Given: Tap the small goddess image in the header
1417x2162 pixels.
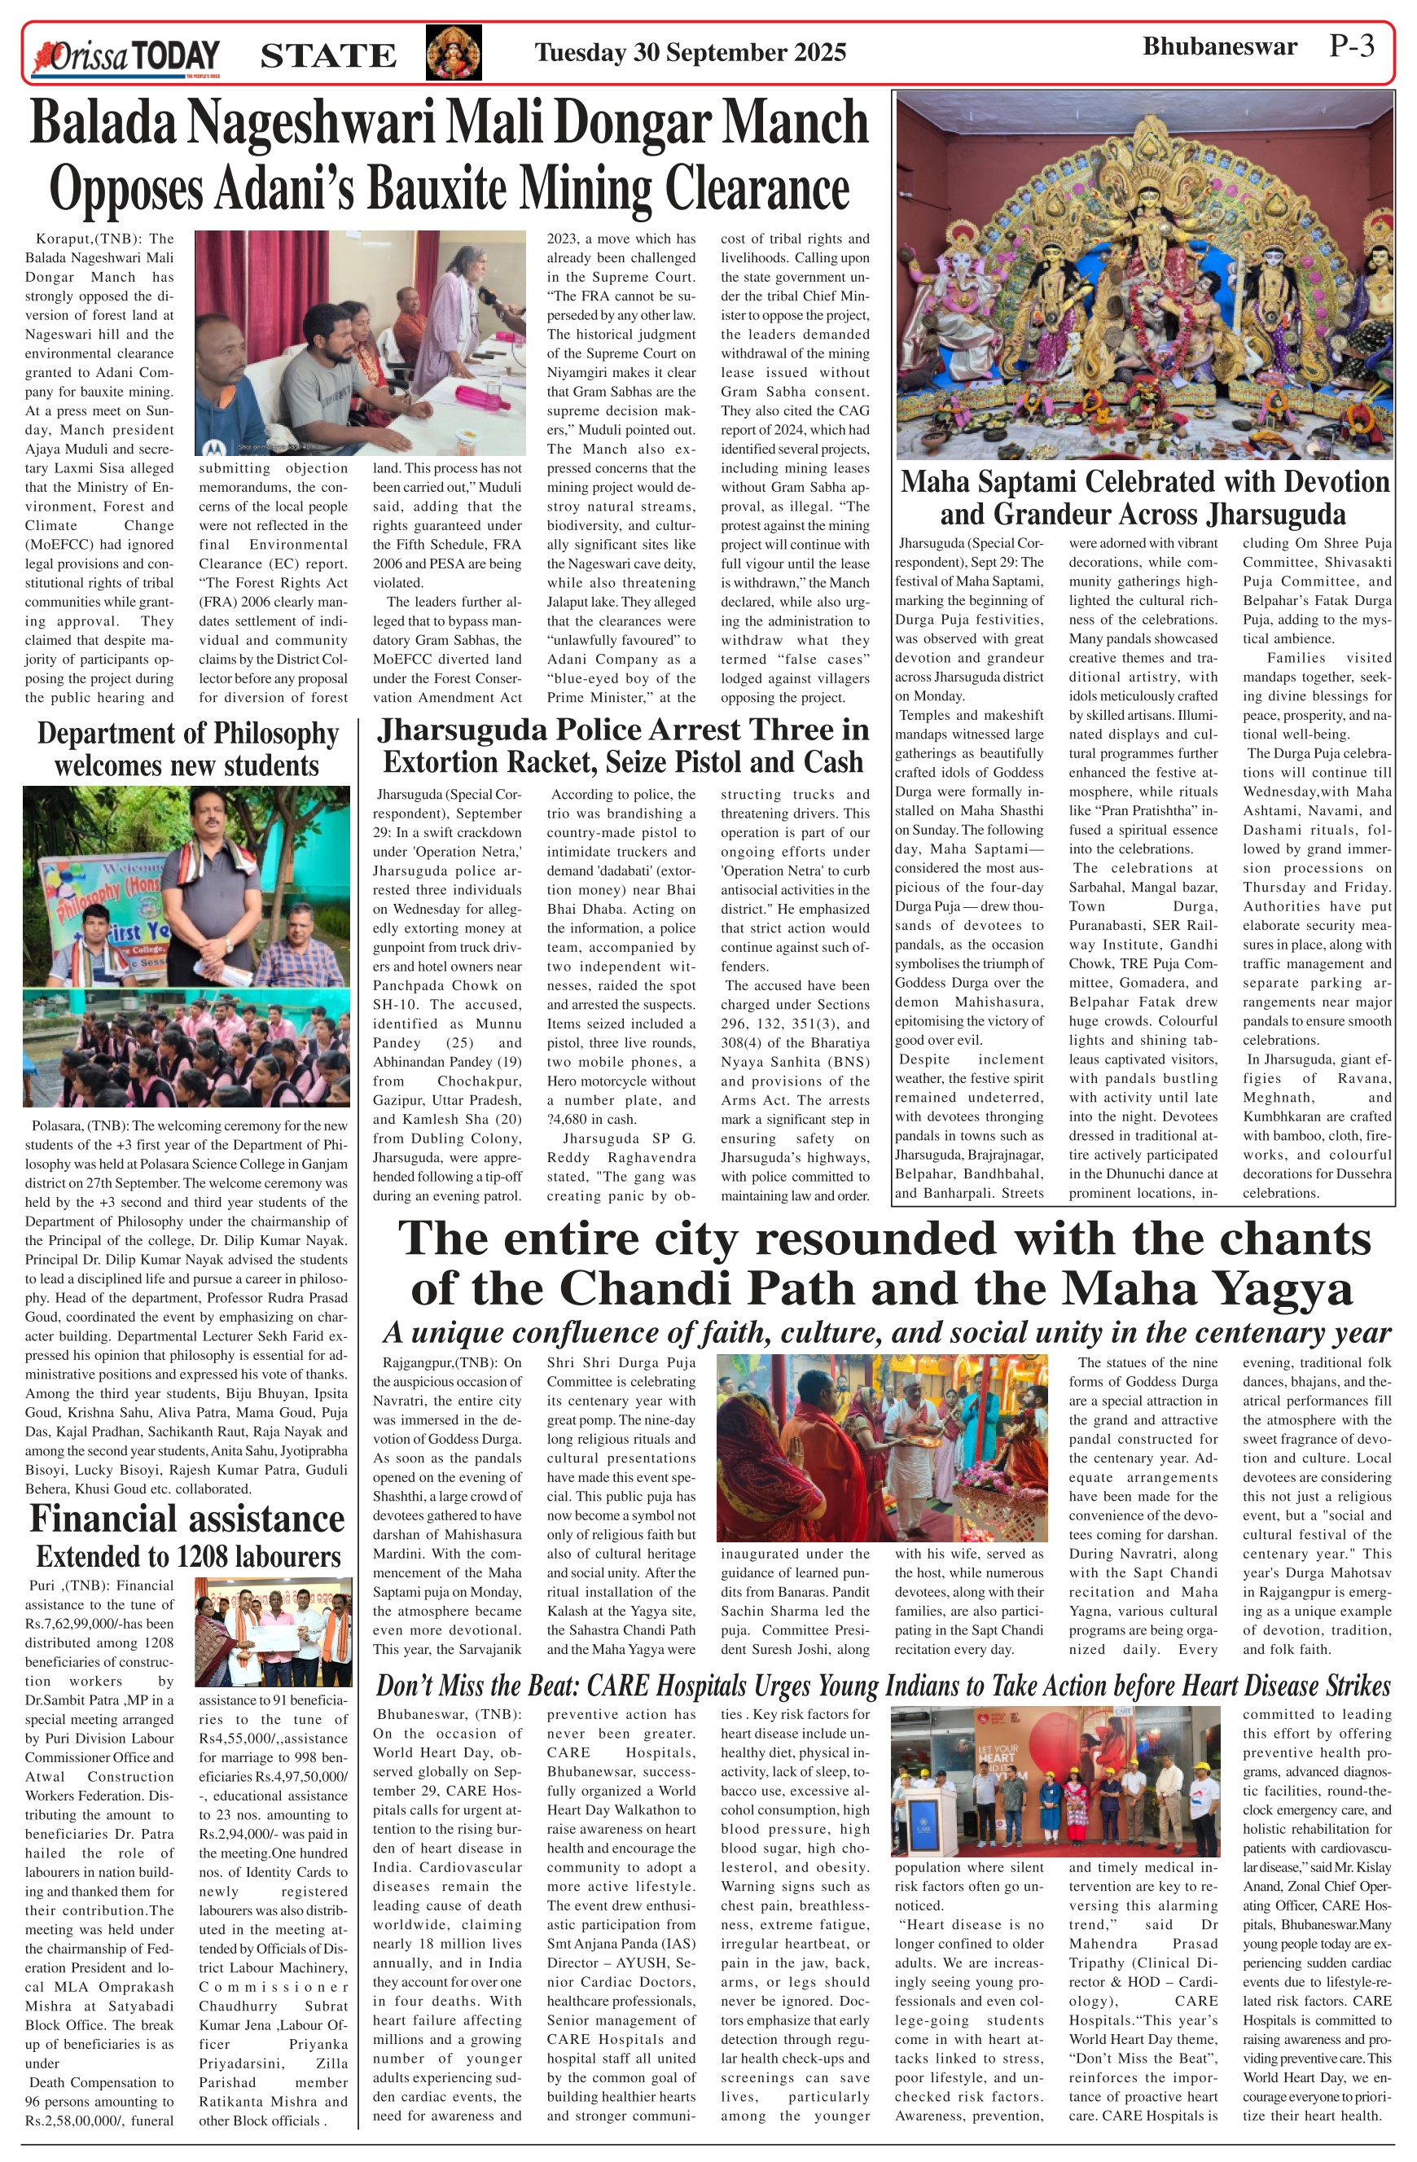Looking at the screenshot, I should (454, 53).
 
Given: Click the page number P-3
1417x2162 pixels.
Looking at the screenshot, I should (1351, 46).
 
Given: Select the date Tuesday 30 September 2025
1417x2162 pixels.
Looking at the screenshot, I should (691, 53).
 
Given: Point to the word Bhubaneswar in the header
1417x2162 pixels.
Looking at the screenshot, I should (1219, 47).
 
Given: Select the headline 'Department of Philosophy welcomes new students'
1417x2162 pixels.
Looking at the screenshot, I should (187, 749).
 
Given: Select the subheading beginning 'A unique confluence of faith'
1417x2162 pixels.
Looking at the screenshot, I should (886, 1333).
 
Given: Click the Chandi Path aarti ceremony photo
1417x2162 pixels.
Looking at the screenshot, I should (881, 1448).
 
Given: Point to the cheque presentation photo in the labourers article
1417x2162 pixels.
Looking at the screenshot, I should (274, 1633).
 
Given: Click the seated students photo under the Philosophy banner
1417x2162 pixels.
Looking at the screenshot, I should (186, 1047).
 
